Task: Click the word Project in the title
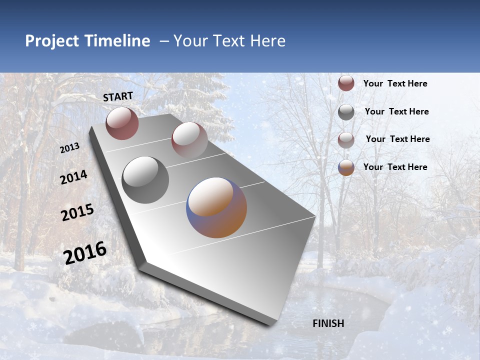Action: [52, 41]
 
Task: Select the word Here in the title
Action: [267, 41]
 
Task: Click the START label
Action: [118, 96]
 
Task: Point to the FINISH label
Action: [328, 323]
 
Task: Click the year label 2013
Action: [70, 148]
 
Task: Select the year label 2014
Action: [73, 177]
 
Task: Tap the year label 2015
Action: [77, 212]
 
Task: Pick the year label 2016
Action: [85, 252]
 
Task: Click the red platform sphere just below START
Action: [122, 123]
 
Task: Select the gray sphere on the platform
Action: [145, 179]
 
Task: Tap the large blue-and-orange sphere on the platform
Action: [216, 207]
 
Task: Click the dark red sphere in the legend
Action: [346, 83]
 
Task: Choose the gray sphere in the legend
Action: [346, 112]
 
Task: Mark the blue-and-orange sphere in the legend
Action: [346, 167]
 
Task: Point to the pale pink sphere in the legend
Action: [346, 140]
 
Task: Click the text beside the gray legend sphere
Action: [396, 111]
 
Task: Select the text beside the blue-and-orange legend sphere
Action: [395, 167]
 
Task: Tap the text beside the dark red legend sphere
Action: [395, 83]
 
